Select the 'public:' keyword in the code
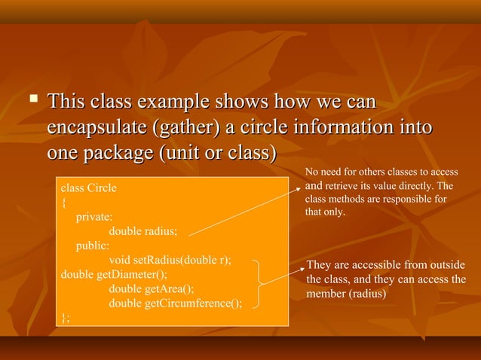92,246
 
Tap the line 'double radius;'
143,231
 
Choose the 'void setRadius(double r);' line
170,260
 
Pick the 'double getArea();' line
152,288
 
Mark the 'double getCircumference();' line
176,304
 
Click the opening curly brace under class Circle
63,202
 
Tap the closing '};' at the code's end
65,318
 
